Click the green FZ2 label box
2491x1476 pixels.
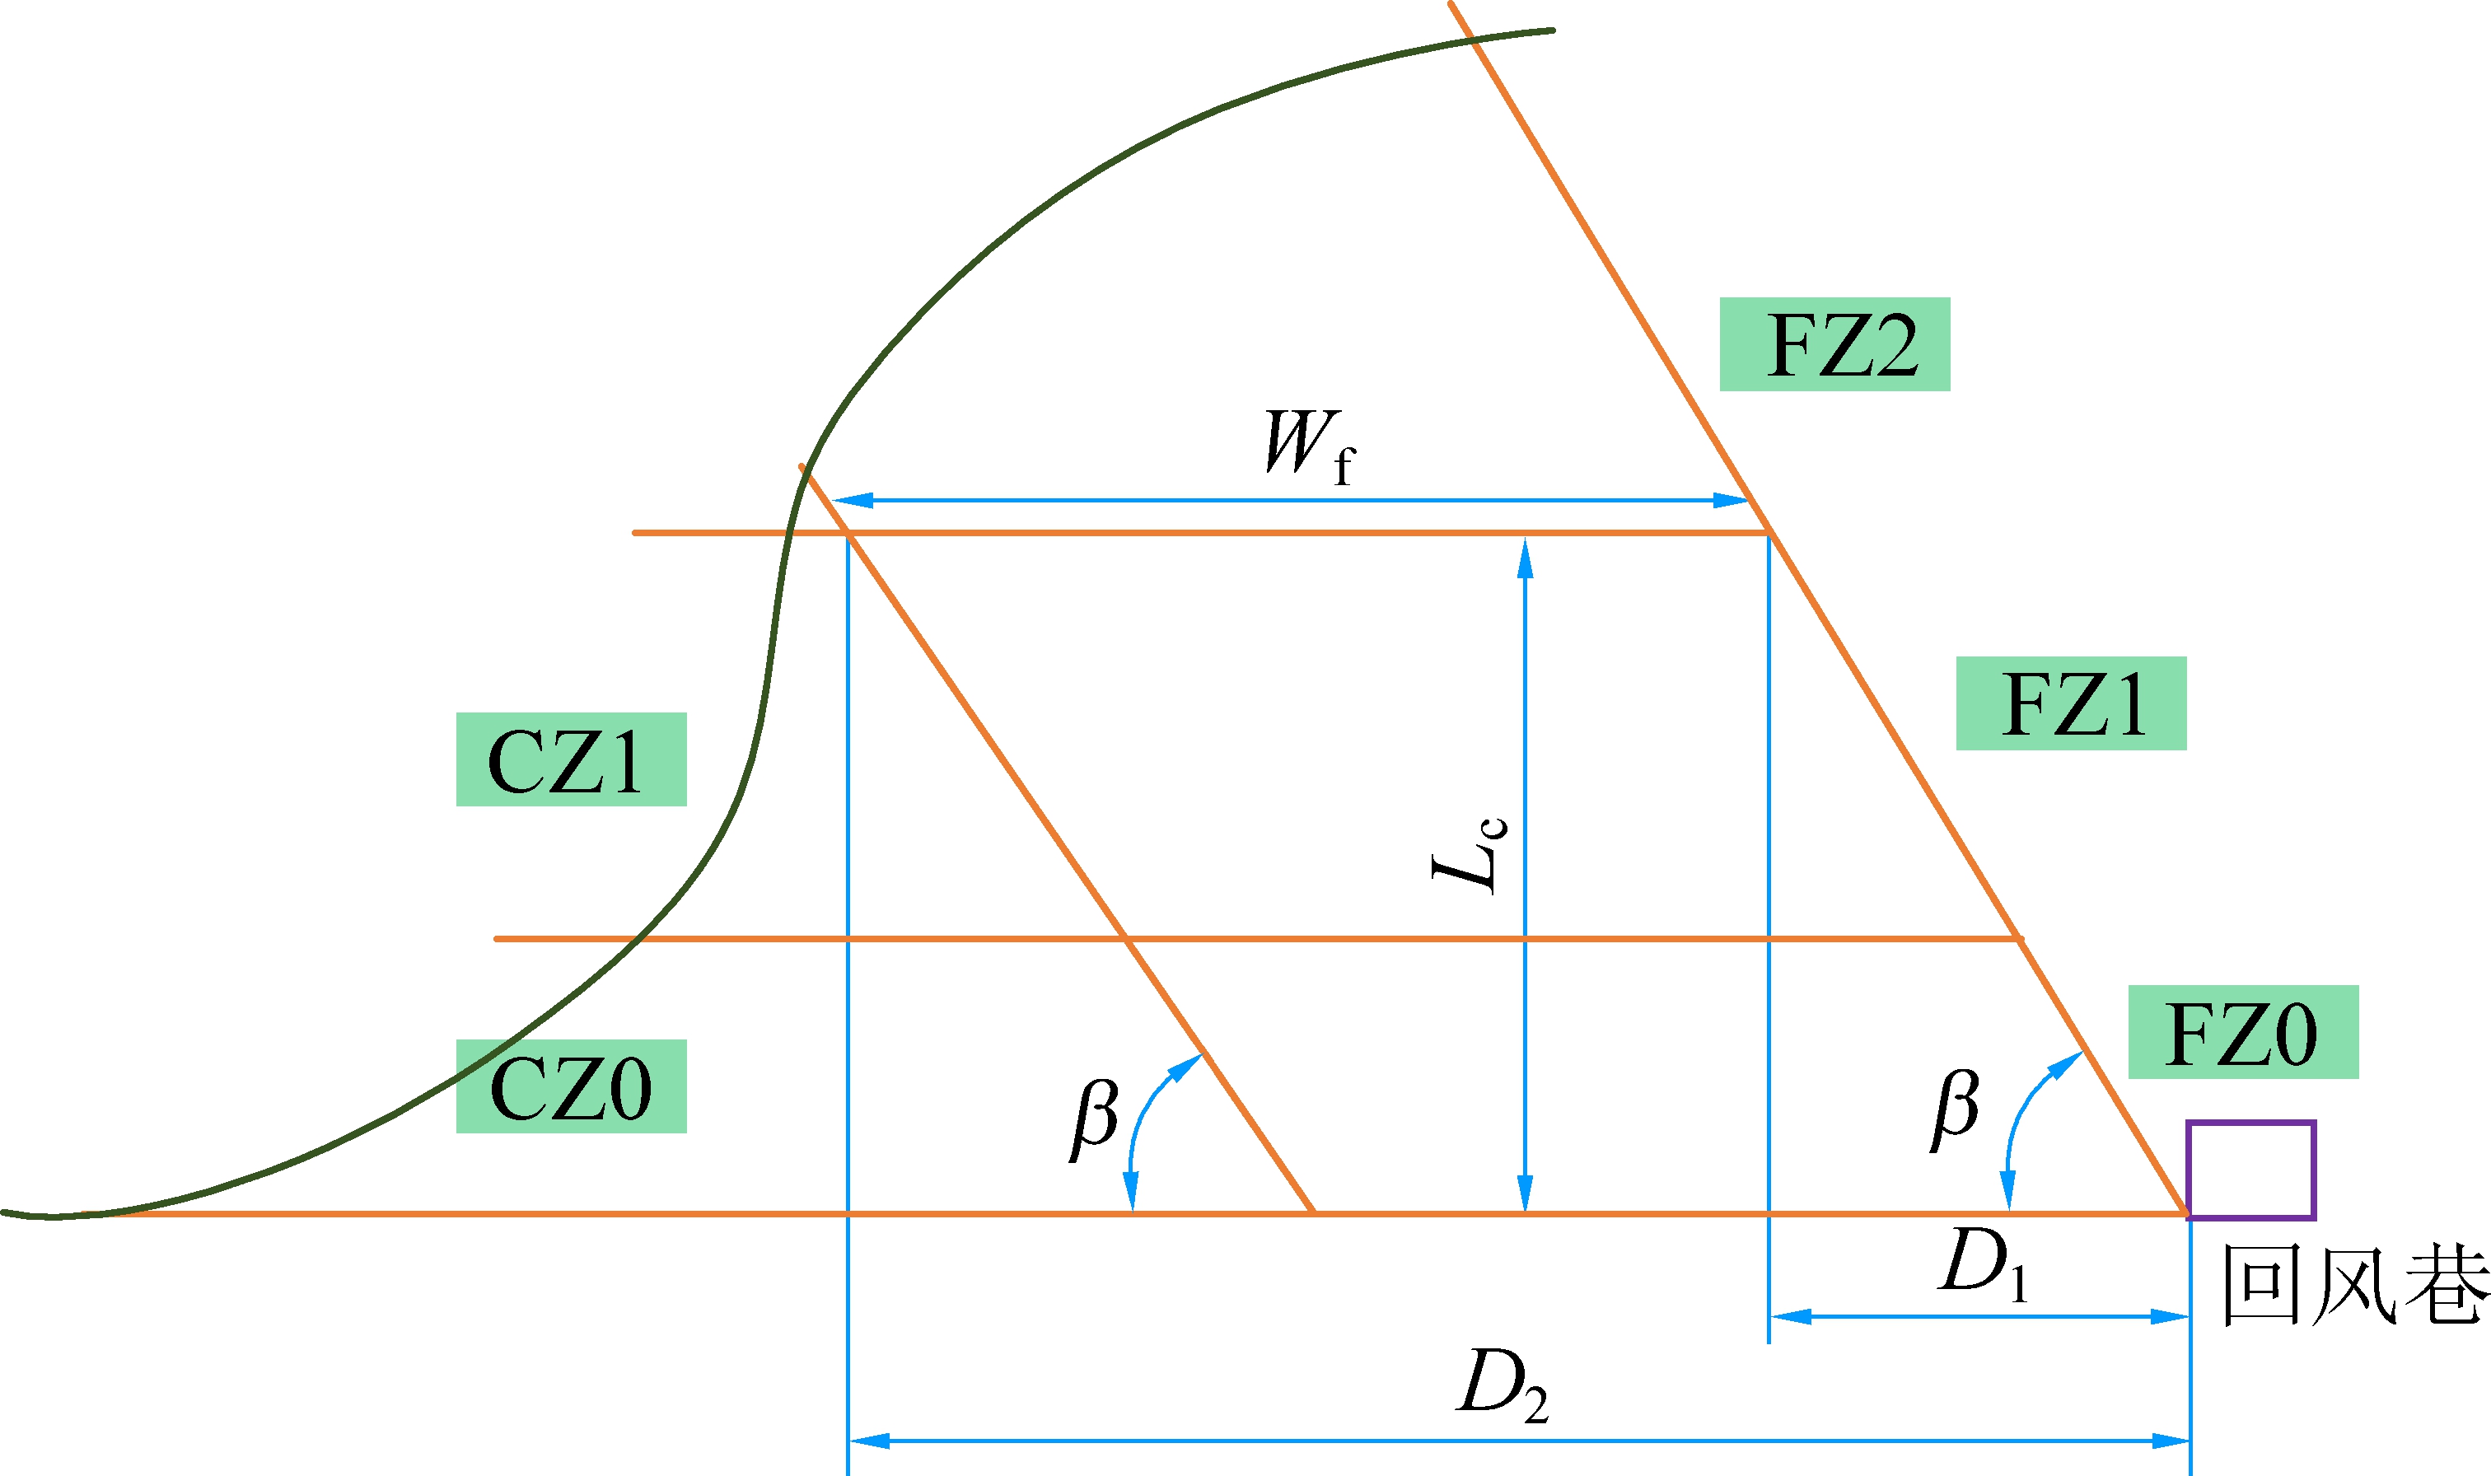pyautogui.click(x=1834, y=344)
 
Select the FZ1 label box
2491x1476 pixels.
pyautogui.click(x=2072, y=703)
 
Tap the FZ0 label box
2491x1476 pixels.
pyautogui.click(x=2243, y=1031)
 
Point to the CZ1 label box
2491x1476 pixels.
pyautogui.click(x=571, y=759)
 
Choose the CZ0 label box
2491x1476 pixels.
pyautogui.click(x=571, y=1086)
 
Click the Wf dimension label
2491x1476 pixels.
pyautogui.click(x=1307, y=446)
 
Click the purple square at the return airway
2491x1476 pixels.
pyautogui.click(x=2251, y=1170)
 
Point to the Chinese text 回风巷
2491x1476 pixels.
pyautogui.click(x=2355, y=1285)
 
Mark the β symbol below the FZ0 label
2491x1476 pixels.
pyautogui.click(x=1956, y=1108)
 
